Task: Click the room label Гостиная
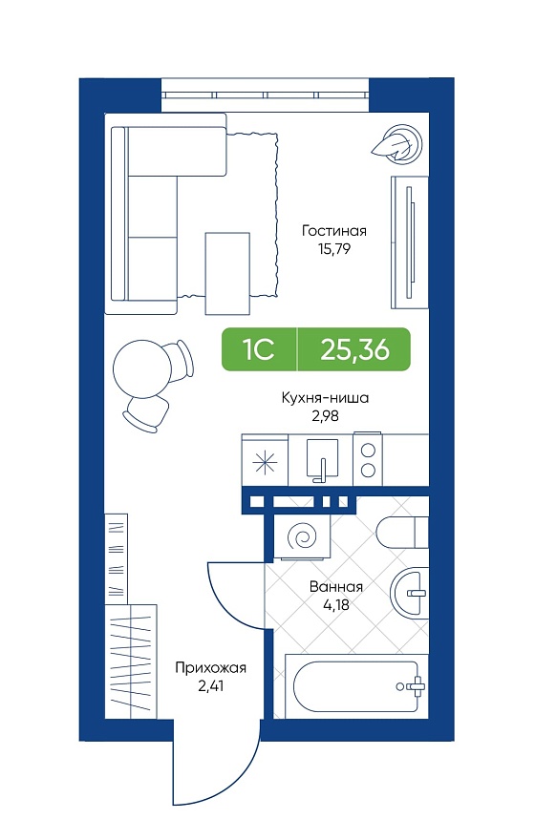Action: (x=334, y=231)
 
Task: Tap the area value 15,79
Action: (x=333, y=249)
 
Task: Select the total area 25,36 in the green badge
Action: (x=354, y=349)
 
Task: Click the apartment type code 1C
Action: (x=259, y=349)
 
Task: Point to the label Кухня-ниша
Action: (x=326, y=399)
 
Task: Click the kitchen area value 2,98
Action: (x=326, y=416)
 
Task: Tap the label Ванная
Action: (x=336, y=587)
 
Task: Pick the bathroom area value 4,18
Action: (x=336, y=605)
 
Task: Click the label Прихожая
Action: (x=211, y=668)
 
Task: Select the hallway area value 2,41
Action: (x=211, y=686)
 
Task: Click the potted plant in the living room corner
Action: (x=397, y=142)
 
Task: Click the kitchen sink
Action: (x=322, y=459)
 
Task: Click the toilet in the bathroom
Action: (x=402, y=533)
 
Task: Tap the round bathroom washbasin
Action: (x=410, y=593)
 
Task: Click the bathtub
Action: (x=356, y=686)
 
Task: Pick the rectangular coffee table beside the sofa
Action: (x=227, y=273)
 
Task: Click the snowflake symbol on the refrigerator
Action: (x=266, y=462)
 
